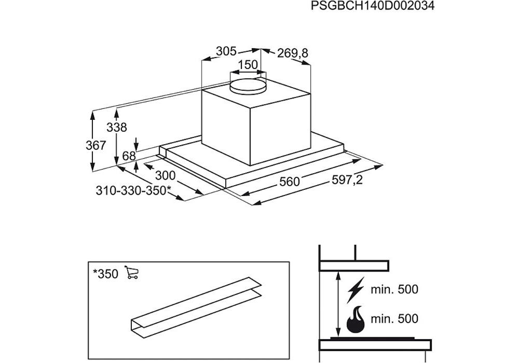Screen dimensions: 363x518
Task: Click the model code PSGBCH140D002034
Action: (x=372, y=7)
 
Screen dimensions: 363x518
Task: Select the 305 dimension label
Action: (x=226, y=51)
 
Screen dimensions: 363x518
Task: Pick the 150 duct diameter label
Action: (x=248, y=65)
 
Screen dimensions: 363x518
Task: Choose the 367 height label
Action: (x=96, y=146)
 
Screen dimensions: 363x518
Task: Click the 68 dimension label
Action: (x=129, y=156)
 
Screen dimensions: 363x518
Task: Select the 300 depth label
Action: (x=166, y=175)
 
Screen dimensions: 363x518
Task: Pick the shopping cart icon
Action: (x=132, y=273)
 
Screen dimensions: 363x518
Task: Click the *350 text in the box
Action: (x=105, y=274)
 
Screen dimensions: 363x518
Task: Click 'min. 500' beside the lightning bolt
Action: (x=394, y=289)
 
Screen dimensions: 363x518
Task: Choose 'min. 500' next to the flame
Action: (x=394, y=318)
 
